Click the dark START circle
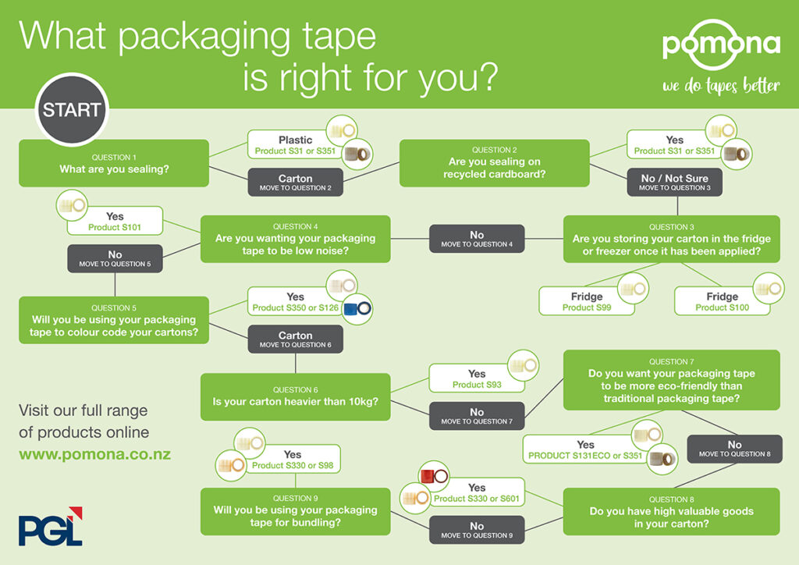pyautogui.click(x=72, y=109)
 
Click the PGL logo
pyautogui.click(x=51, y=526)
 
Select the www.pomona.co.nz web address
pyautogui.click(x=94, y=454)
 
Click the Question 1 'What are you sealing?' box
pyautogui.click(x=114, y=163)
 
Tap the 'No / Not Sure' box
pyautogui.click(x=674, y=182)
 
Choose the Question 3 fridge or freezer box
pyautogui.click(x=671, y=239)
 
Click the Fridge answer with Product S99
pyautogui.click(x=587, y=301)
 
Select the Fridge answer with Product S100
pyautogui.click(x=722, y=301)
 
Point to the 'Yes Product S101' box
pyautogui.click(x=115, y=221)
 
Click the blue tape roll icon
pyautogui.click(x=357, y=309)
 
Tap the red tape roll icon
pyautogui.click(x=434, y=476)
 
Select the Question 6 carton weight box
pyautogui.click(x=296, y=397)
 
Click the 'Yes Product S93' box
pyautogui.click(x=477, y=378)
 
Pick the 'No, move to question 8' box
pyautogui.click(x=734, y=449)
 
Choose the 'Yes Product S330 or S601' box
pyautogui.click(x=477, y=492)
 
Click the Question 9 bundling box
pyautogui.click(x=296, y=511)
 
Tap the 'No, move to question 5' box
pyautogui.click(x=115, y=258)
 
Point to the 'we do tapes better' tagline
pyautogui.click(x=721, y=86)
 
